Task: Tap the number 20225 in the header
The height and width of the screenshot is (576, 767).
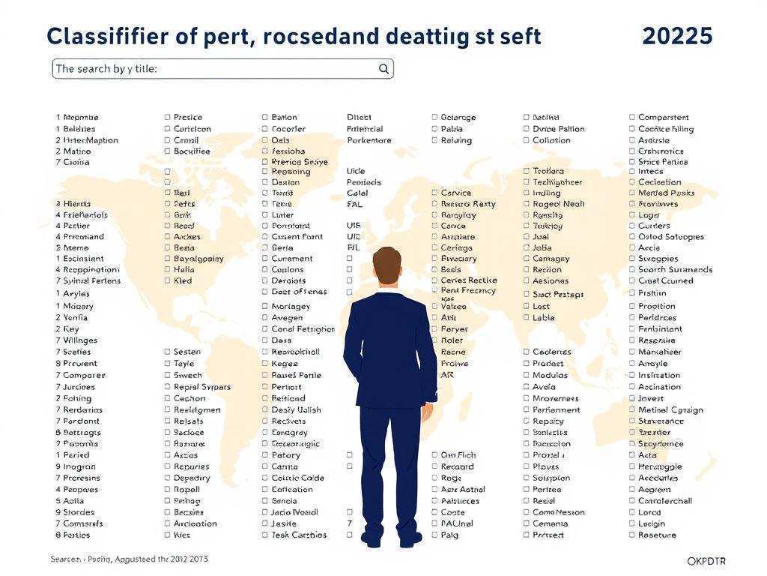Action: [677, 36]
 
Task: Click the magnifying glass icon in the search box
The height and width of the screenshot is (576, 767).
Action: [383, 69]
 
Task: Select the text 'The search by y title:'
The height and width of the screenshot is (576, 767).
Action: [106, 69]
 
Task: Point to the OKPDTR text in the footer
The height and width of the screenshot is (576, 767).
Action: [706, 561]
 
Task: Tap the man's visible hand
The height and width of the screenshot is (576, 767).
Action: [428, 411]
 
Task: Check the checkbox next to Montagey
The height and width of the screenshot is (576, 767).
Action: [265, 306]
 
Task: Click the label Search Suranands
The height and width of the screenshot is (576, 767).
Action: [675, 269]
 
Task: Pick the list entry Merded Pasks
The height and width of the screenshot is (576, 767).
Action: [666, 193]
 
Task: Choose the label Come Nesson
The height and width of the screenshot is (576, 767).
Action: [559, 512]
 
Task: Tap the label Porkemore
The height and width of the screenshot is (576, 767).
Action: [369, 140]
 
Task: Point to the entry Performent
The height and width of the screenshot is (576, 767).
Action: [556, 409]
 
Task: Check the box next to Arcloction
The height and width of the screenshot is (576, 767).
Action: [167, 523]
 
